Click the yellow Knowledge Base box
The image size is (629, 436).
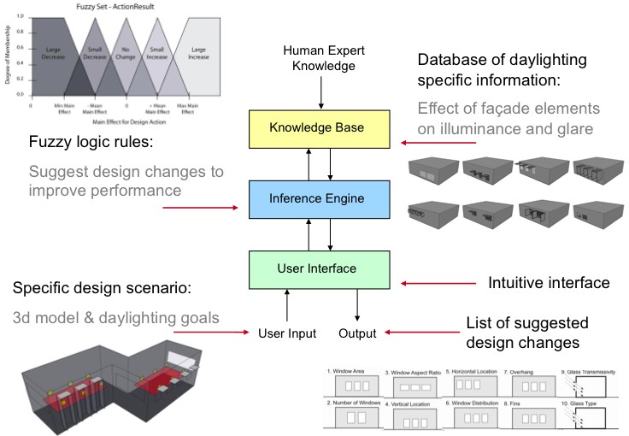point(317,128)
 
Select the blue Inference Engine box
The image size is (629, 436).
point(317,198)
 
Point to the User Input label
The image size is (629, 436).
point(288,333)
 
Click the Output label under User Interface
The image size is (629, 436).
point(357,333)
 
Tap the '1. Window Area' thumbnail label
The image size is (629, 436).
point(345,371)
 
